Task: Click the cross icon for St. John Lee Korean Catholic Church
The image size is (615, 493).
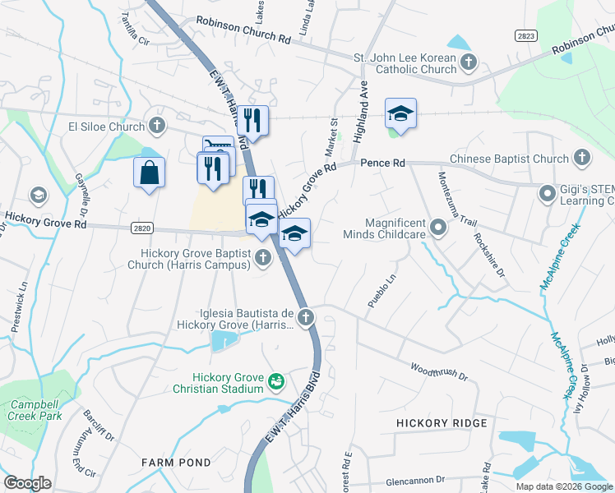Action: coord(468,62)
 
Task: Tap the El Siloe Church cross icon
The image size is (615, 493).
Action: coord(158,127)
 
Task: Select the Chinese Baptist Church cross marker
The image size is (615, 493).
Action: coord(581,159)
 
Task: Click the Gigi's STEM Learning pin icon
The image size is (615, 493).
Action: coord(548,194)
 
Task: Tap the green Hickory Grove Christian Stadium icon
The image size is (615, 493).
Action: coord(277,382)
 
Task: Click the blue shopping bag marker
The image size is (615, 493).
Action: coord(149,173)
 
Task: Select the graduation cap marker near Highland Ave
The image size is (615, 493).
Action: coord(400,113)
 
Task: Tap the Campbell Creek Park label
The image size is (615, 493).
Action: coord(36,410)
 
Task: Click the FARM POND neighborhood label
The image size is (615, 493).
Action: coord(175,463)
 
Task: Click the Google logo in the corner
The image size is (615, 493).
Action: coord(27,483)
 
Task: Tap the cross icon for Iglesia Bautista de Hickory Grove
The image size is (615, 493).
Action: coord(305,317)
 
